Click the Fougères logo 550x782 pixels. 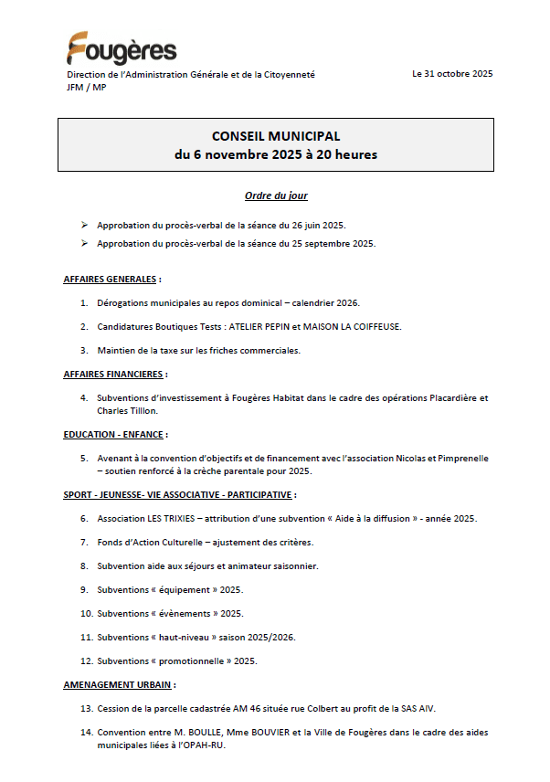coord(122,48)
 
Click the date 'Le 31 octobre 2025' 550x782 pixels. coord(452,74)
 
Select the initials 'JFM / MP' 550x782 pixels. coord(86,88)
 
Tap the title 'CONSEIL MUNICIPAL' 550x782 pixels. coord(275,136)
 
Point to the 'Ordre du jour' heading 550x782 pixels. coord(276,195)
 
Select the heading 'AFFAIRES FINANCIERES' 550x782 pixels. coord(113,374)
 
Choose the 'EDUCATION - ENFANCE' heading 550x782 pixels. coord(114,434)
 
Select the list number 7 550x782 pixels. coord(84,543)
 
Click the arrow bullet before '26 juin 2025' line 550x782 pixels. coord(84,224)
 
